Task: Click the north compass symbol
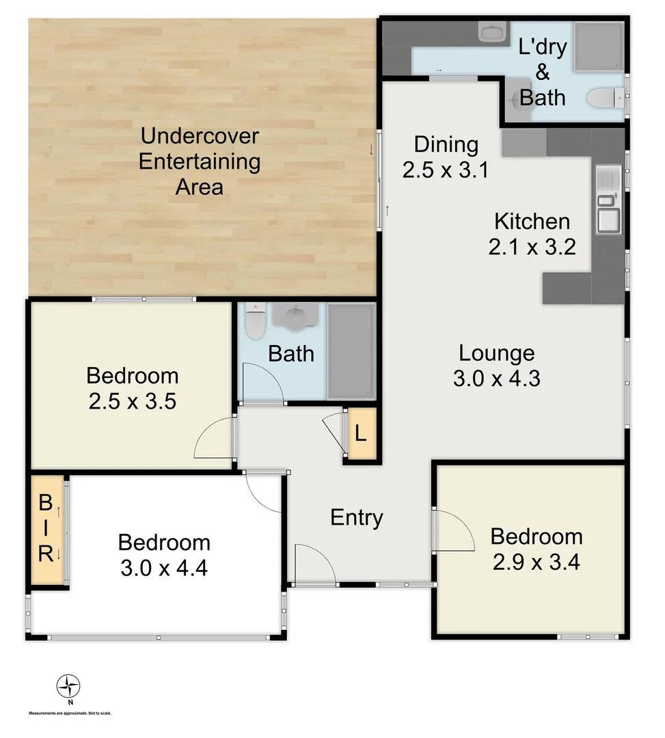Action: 68,685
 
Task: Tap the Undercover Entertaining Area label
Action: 199,161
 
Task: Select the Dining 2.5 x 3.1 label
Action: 446,157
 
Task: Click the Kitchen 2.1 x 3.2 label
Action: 532,233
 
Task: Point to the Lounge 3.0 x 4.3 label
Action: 496,366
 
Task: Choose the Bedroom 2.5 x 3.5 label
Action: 133,387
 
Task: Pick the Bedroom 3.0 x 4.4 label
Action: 164,555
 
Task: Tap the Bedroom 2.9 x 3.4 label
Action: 537,549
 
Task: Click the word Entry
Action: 356,517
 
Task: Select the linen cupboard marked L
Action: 360,434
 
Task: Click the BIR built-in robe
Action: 45,529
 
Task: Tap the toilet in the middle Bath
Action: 256,322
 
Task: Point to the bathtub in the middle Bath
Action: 351,351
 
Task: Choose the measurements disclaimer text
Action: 70,713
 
